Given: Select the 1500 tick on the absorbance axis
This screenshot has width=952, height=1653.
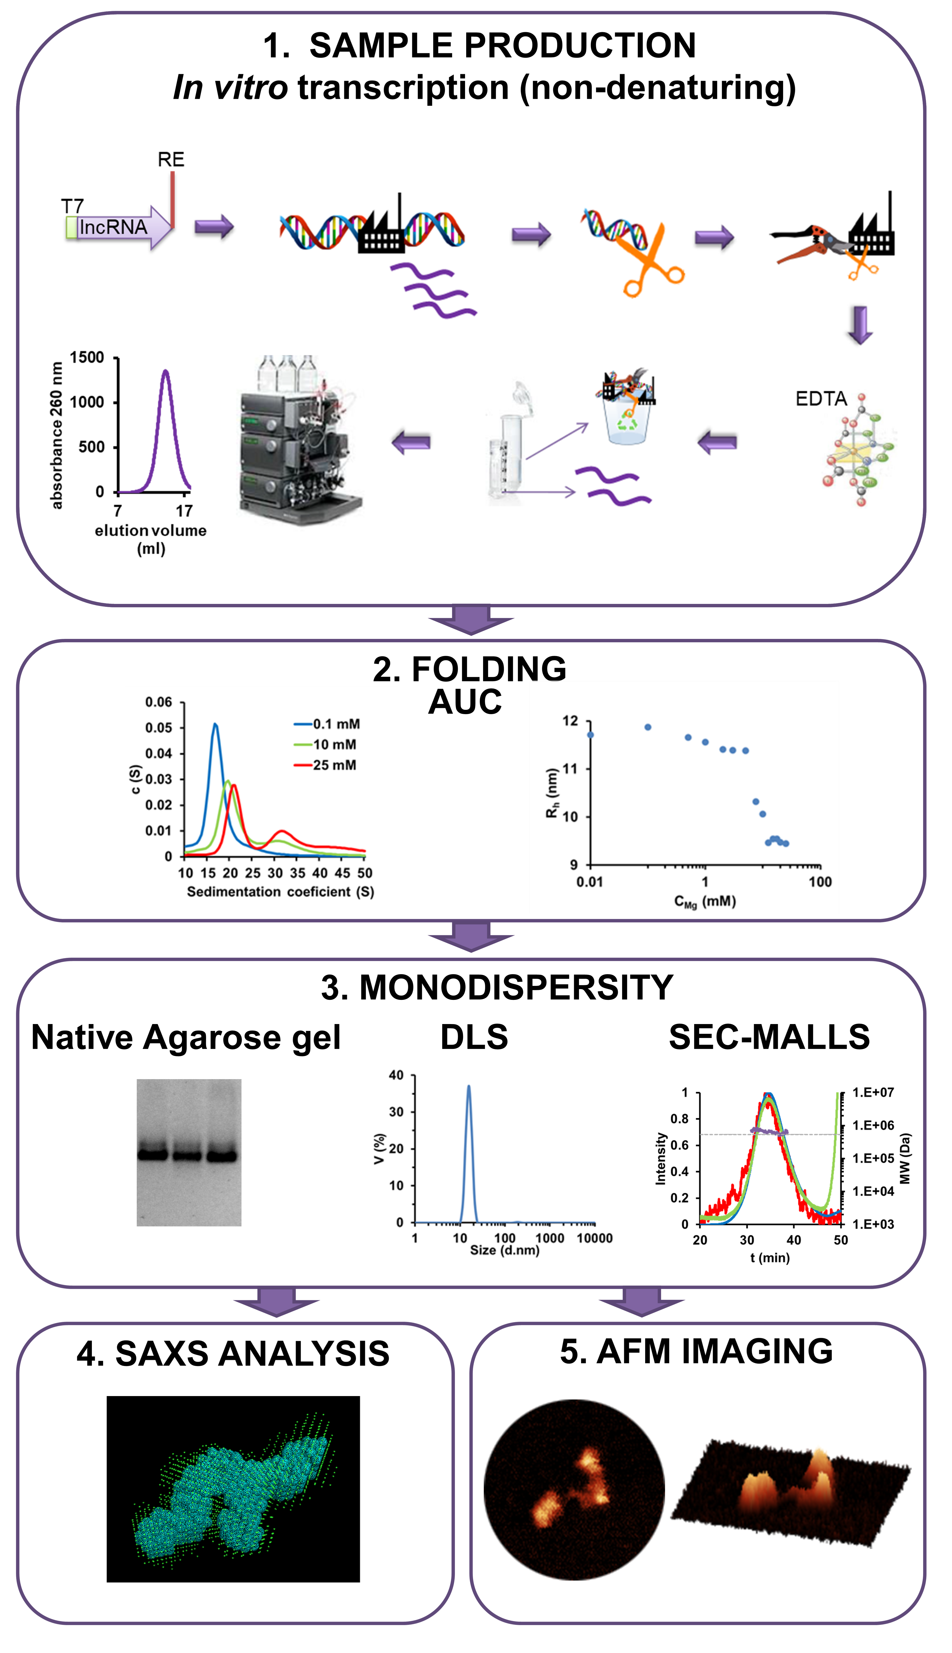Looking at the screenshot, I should coord(87,358).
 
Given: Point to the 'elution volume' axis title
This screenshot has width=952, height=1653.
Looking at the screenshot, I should coord(150,531).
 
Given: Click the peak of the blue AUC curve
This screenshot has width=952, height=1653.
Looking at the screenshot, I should coord(215,724).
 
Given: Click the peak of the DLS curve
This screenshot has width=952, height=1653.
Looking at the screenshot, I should coord(468,1087).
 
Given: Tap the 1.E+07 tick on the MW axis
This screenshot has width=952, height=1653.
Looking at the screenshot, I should coord(873,1092).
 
